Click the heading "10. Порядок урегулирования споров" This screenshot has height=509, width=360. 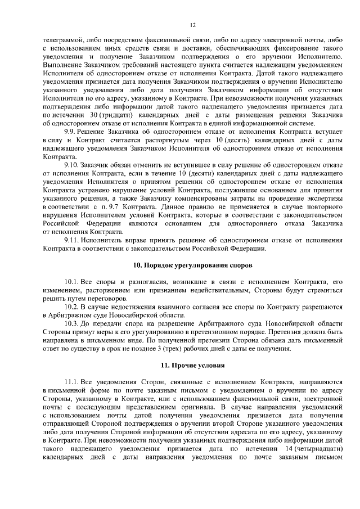192,264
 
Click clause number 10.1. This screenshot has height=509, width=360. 74,281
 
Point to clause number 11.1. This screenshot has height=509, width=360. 74,382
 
